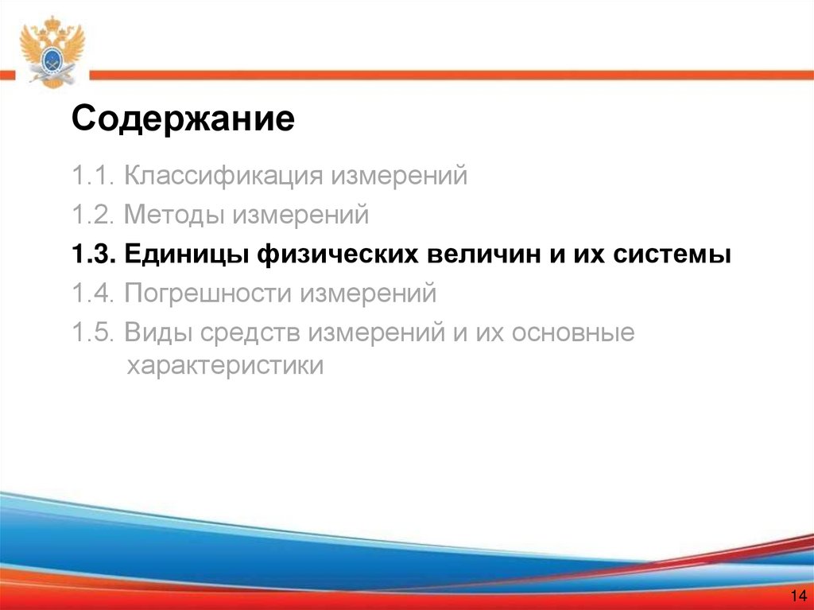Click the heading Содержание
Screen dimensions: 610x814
tap(183, 121)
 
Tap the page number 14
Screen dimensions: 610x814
tap(798, 596)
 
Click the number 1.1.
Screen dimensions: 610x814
tap(93, 175)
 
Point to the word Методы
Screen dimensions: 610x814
tap(175, 215)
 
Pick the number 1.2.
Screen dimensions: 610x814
tap(93, 215)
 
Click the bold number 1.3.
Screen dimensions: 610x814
tap(93, 254)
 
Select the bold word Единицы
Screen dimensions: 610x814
tap(186, 255)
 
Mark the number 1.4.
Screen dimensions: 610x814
tap(93, 294)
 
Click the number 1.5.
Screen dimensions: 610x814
tap(93, 333)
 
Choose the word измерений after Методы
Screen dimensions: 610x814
tap(300, 215)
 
